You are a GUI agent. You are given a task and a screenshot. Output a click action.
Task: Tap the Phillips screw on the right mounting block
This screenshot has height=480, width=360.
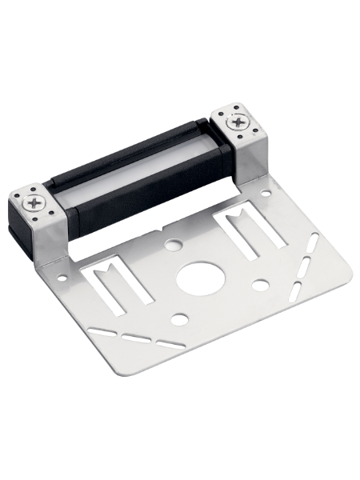[x=238, y=122]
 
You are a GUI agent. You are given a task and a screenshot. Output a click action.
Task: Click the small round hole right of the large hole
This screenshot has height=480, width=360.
[x=259, y=283]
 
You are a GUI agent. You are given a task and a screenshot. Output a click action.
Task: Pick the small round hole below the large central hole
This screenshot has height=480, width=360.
[x=180, y=319]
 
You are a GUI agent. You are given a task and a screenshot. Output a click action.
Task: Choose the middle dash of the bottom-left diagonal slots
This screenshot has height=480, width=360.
[x=134, y=334]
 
